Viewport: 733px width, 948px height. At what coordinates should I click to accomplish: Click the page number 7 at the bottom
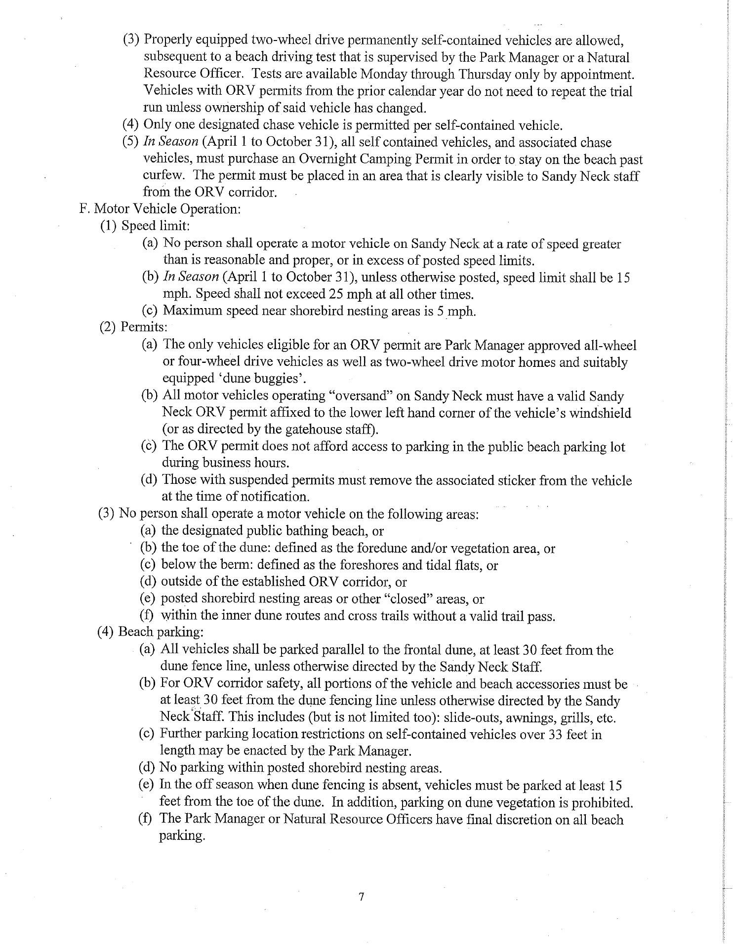362,896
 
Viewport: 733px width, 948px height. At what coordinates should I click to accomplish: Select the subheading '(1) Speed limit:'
145,226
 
